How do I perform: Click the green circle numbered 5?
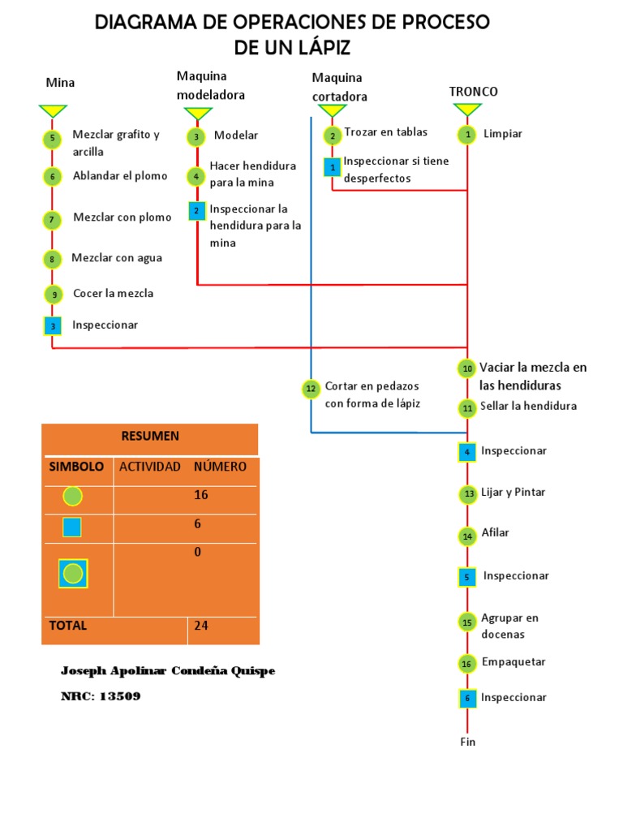point(52,139)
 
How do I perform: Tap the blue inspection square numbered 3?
point(52,326)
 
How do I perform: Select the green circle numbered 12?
point(311,390)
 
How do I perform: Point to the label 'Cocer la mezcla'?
point(113,293)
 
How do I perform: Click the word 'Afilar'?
point(495,532)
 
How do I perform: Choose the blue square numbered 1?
point(333,167)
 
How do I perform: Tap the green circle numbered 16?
point(466,664)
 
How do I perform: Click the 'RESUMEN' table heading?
point(150,436)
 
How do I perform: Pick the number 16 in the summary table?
point(201,495)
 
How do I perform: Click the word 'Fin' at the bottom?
point(467,742)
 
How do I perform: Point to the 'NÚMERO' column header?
point(220,467)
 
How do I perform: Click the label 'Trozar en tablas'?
point(385,131)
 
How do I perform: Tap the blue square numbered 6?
point(466,698)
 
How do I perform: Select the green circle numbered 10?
point(466,368)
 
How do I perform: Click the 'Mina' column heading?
point(60,82)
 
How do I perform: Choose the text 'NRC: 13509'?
point(101,696)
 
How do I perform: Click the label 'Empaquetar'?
point(513,661)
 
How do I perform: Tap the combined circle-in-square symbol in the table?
point(73,574)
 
